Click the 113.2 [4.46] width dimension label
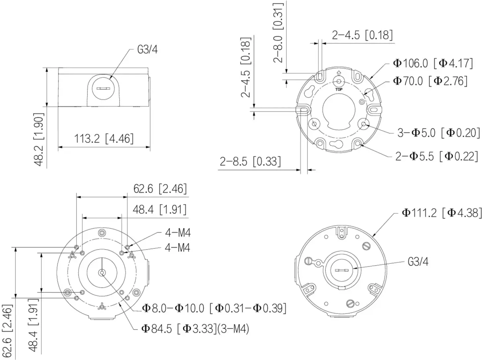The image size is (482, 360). click(x=104, y=138)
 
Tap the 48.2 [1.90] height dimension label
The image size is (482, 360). click(x=39, y=140)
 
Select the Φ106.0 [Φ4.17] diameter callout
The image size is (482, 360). click(x=433, y=64)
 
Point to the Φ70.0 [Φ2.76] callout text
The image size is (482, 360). click(x=430, y=81)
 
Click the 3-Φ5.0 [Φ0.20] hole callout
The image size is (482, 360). click(x=439, y=133)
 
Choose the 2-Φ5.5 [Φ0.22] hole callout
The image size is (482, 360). click(x=437, y=157)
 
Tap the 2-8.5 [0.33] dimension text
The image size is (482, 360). click(x=250, y=162)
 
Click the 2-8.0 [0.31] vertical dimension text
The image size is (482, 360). click(x=278, y=33)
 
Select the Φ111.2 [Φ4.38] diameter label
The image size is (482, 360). click(x=442, y=213)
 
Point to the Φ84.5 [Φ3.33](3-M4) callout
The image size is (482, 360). click(x=196, y=329)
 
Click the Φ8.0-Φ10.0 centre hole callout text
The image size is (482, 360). click(x=214, y=308)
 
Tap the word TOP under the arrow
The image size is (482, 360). click(x=339, y=89)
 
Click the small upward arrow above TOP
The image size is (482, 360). click(x=339, y=73)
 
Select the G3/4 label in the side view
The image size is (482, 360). click(x=147, y=50)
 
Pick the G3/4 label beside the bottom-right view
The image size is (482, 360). click(x=418, y=262)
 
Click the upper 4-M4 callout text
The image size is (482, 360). click(x=178, y=233)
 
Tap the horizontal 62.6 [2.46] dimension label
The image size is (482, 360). click(x=160, y=189)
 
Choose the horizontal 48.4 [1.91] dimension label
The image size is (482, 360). click(x=159, y=209)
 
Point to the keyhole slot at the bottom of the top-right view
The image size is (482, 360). click(x=336, y=144)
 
